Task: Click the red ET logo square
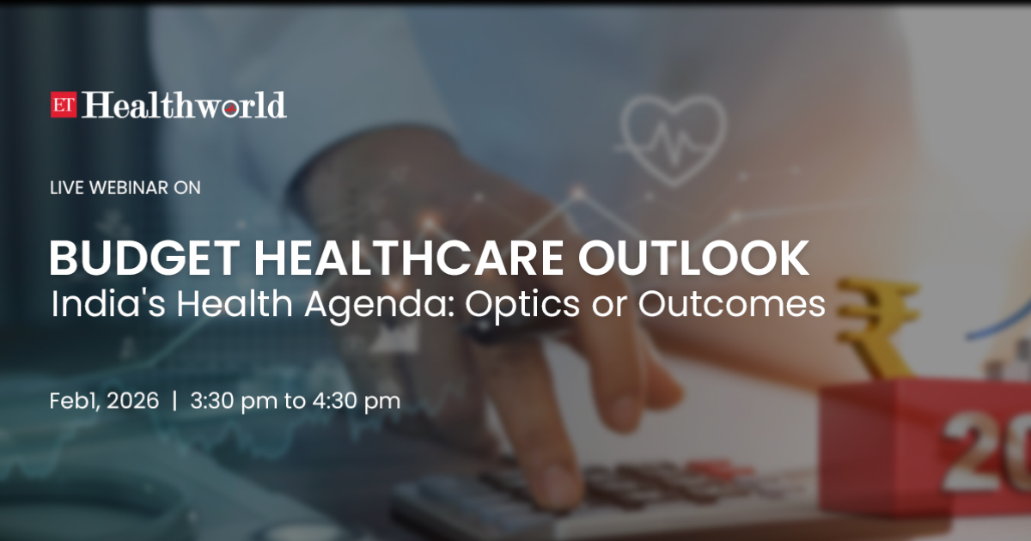[64, 105]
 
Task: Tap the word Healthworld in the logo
[184, 105]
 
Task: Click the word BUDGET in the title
[144, 258]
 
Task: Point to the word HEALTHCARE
[409, 258]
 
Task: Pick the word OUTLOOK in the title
[693, 258]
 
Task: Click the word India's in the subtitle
[107, 304]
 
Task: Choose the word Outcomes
[732, 304]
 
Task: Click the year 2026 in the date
[132, 401]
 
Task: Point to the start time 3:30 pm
[234, 402]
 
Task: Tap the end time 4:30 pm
[357, 402]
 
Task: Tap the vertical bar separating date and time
[174, 401]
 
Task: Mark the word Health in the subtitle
[235, 304]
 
